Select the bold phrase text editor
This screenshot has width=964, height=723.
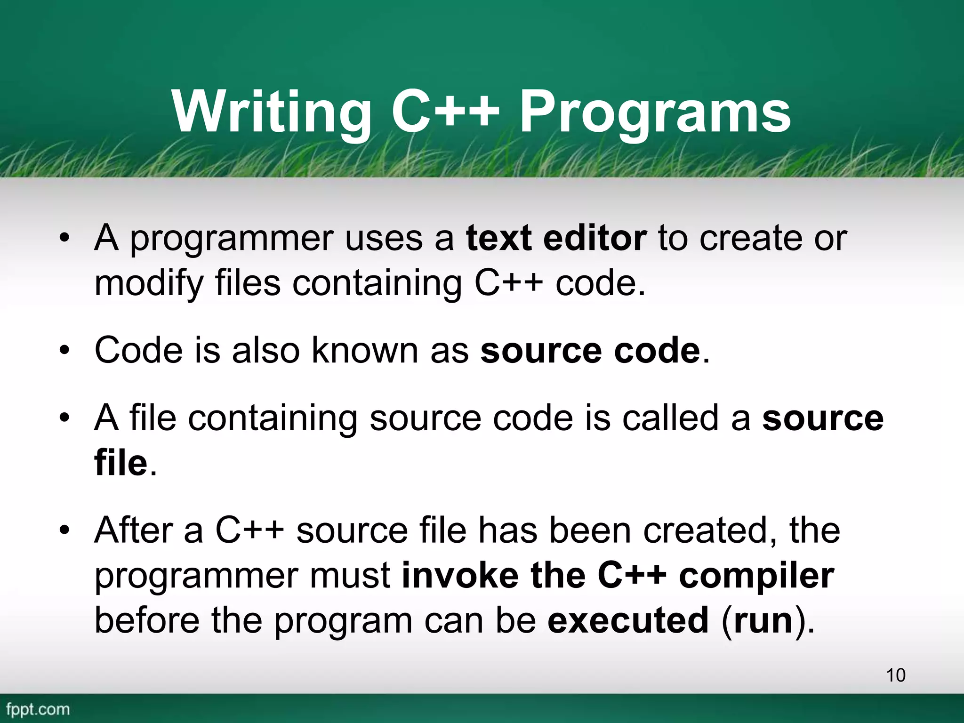(x=556, y=238)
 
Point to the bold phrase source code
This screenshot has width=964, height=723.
(x=590, y=351)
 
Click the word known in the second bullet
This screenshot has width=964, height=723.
(x=365, y=351)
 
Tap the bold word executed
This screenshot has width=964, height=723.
(x=628, y=620)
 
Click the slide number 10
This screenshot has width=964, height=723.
(x=896, y=675)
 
